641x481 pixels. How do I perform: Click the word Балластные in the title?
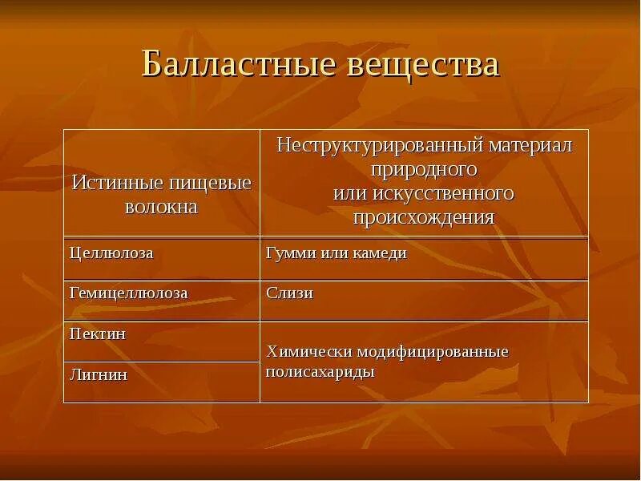coord(237,64)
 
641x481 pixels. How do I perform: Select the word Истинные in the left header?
coord(109,183)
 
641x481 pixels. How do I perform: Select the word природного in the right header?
coord(424,169)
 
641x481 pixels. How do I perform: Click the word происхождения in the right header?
coord(424,217)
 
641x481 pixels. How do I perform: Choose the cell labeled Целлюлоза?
coord(111,253)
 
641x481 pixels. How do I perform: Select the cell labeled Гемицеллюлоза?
coord(129,293)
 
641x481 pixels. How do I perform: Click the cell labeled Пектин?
coord(98,334)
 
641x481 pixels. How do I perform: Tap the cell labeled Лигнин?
coord(99,374)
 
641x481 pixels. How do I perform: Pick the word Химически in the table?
coord(304,352)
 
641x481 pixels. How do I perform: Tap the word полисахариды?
coord(320,373)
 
